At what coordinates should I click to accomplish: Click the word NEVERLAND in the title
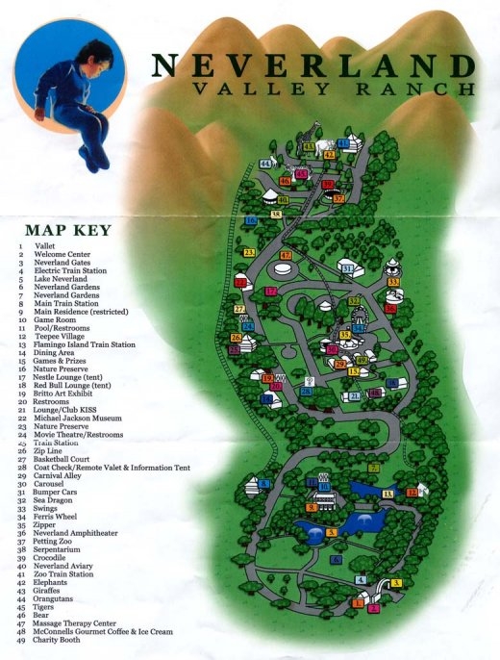[313, 66]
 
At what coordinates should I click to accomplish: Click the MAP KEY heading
[68, 230]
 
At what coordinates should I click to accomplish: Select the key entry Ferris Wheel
[60, 517]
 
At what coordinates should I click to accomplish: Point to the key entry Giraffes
[51, 590]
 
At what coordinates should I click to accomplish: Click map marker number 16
[251, 220]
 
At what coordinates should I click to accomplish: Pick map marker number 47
[286, 255]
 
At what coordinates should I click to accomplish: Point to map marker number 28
[307, 392]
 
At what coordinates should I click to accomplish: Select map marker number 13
[387, 493]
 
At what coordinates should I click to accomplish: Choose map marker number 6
[336, 558]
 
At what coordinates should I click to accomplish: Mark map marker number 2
[374, 608]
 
